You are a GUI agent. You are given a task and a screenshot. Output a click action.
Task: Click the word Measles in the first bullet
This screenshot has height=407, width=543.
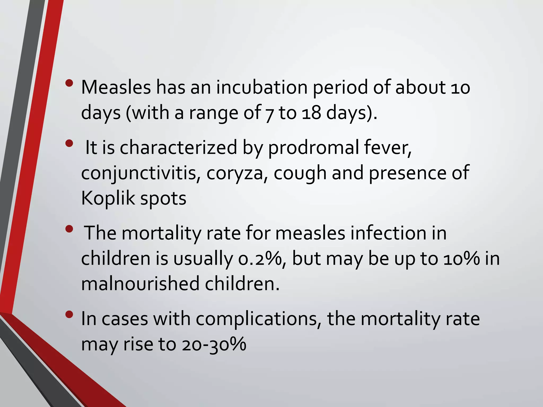point(116,87)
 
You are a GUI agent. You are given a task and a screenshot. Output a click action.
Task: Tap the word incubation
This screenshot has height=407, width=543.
point(262,87)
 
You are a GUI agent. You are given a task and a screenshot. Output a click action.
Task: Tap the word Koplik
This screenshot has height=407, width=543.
point(108,198)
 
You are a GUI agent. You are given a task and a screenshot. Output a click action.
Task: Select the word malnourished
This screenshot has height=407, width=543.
point(140,284)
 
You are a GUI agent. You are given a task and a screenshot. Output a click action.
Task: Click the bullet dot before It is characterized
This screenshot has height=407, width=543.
point(69,144)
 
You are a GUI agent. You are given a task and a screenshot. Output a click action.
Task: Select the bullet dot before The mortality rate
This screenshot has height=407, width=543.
point(69,229)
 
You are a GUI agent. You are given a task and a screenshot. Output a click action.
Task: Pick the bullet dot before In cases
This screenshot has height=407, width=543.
point(69,315)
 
